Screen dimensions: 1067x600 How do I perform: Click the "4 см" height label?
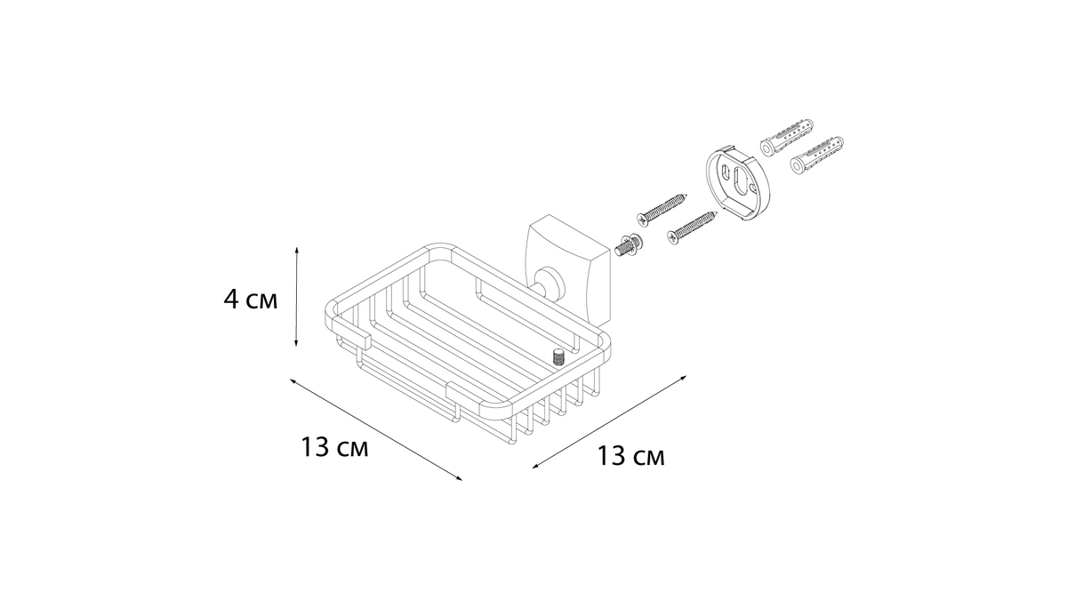pos(250,300)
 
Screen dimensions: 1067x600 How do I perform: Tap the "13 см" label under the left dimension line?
pos(334,447)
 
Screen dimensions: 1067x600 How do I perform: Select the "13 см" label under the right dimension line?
pos(630,456)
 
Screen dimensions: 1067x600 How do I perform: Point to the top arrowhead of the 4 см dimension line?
pos(297,251)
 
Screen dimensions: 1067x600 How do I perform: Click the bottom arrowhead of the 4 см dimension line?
pos(296,342)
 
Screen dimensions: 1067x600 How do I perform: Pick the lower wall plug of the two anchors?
pos(817,156)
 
